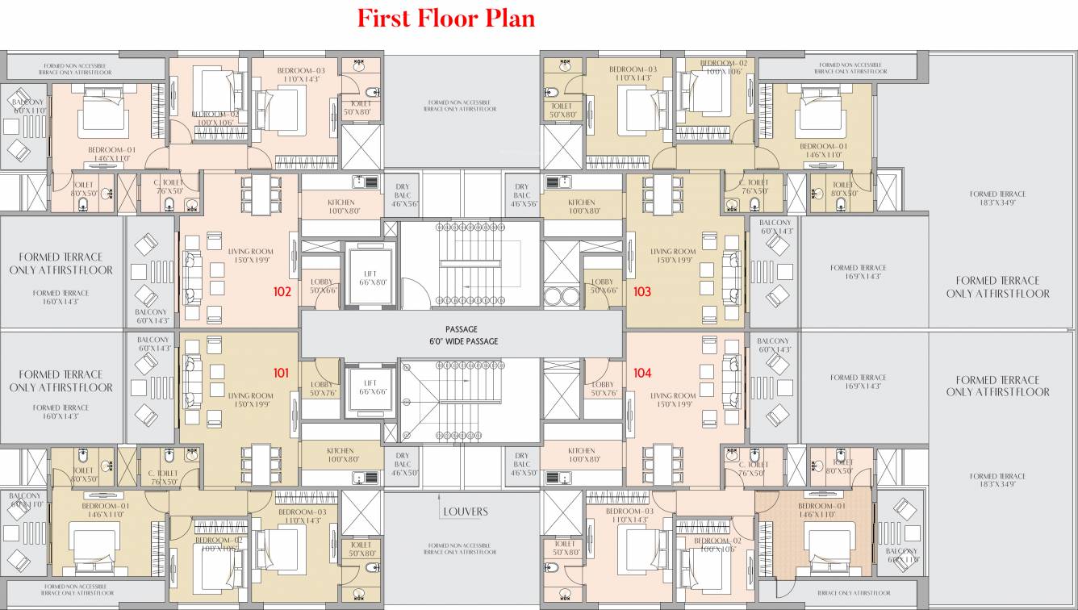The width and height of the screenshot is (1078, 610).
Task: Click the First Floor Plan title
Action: (446, 18)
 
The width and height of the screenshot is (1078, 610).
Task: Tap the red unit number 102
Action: (282, 291)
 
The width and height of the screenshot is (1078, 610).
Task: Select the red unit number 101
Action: (280, 373)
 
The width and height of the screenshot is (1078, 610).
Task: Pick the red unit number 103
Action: (642, 291)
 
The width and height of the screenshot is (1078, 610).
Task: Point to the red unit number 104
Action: (642, 373)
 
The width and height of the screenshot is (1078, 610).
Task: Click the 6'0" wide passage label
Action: (462, 336)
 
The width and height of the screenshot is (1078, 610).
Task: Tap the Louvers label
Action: (465, 512)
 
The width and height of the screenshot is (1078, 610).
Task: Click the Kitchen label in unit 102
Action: (341, 207)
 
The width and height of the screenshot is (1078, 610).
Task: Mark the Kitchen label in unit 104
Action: (581, 455)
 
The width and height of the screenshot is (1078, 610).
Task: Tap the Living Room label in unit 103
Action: (673, 256)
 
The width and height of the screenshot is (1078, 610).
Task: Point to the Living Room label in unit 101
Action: (251, 400)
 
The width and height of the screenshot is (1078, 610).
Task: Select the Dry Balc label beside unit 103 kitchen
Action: (522, 195)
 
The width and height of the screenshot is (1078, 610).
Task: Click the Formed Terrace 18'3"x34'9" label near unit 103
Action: (998, 198)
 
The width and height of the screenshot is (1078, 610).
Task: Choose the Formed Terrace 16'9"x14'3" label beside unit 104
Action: (858, 381)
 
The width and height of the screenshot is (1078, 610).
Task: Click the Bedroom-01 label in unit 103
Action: (822, 150)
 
